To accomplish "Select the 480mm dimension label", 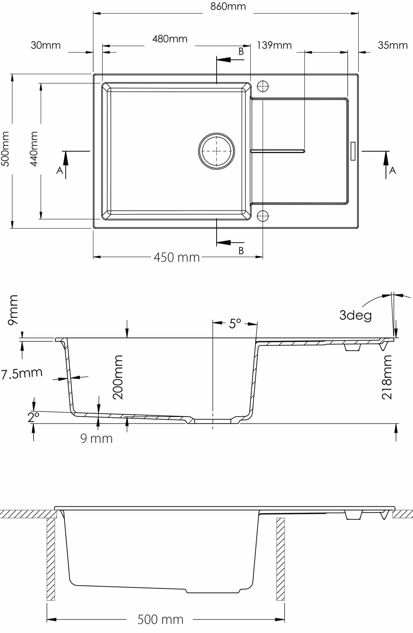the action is click(170, 39).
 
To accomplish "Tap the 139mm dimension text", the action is click(274, 45).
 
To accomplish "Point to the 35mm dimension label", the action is click(393, 45).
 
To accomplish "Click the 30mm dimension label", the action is click(46, 45).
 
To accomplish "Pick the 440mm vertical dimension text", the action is click(34, 149).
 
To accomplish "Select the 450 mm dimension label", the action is click(177, 257).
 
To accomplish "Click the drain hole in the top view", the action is click(216, 151).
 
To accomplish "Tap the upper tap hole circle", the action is click(263, 86).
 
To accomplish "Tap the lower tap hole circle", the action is click(263, 216).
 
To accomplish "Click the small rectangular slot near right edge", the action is click(353, 151).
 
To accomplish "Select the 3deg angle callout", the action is click(355, 315).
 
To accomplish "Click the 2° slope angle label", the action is click(34, 417).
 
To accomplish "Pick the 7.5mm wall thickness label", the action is click(22, 373).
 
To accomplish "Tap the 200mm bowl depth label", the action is click(118, 377).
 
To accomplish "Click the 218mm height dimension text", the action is click(387, 377).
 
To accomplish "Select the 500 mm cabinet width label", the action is click(160, 619).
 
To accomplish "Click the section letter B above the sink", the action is click(241, 51).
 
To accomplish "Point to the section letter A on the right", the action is click(392, 170).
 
